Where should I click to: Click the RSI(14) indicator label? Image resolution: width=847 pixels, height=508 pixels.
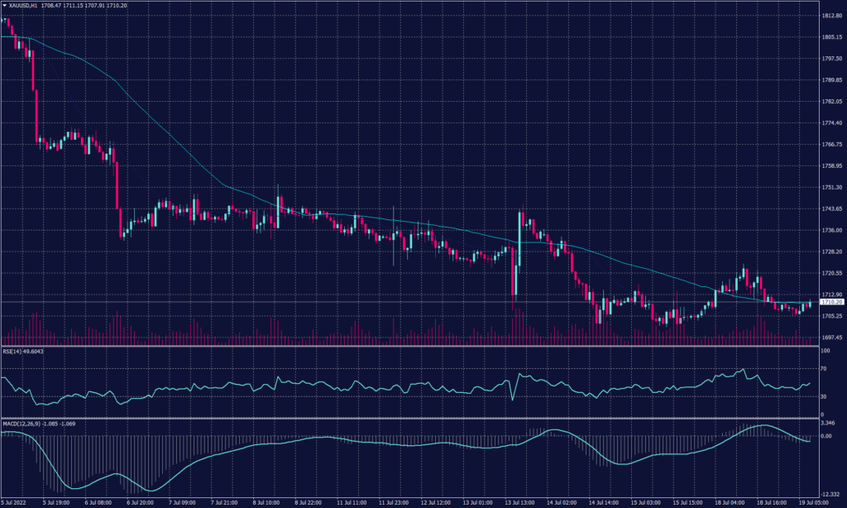14,351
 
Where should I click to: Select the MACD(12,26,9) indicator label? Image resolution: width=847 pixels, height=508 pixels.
20,424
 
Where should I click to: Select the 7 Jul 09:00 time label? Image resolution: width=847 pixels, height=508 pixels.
181,502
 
